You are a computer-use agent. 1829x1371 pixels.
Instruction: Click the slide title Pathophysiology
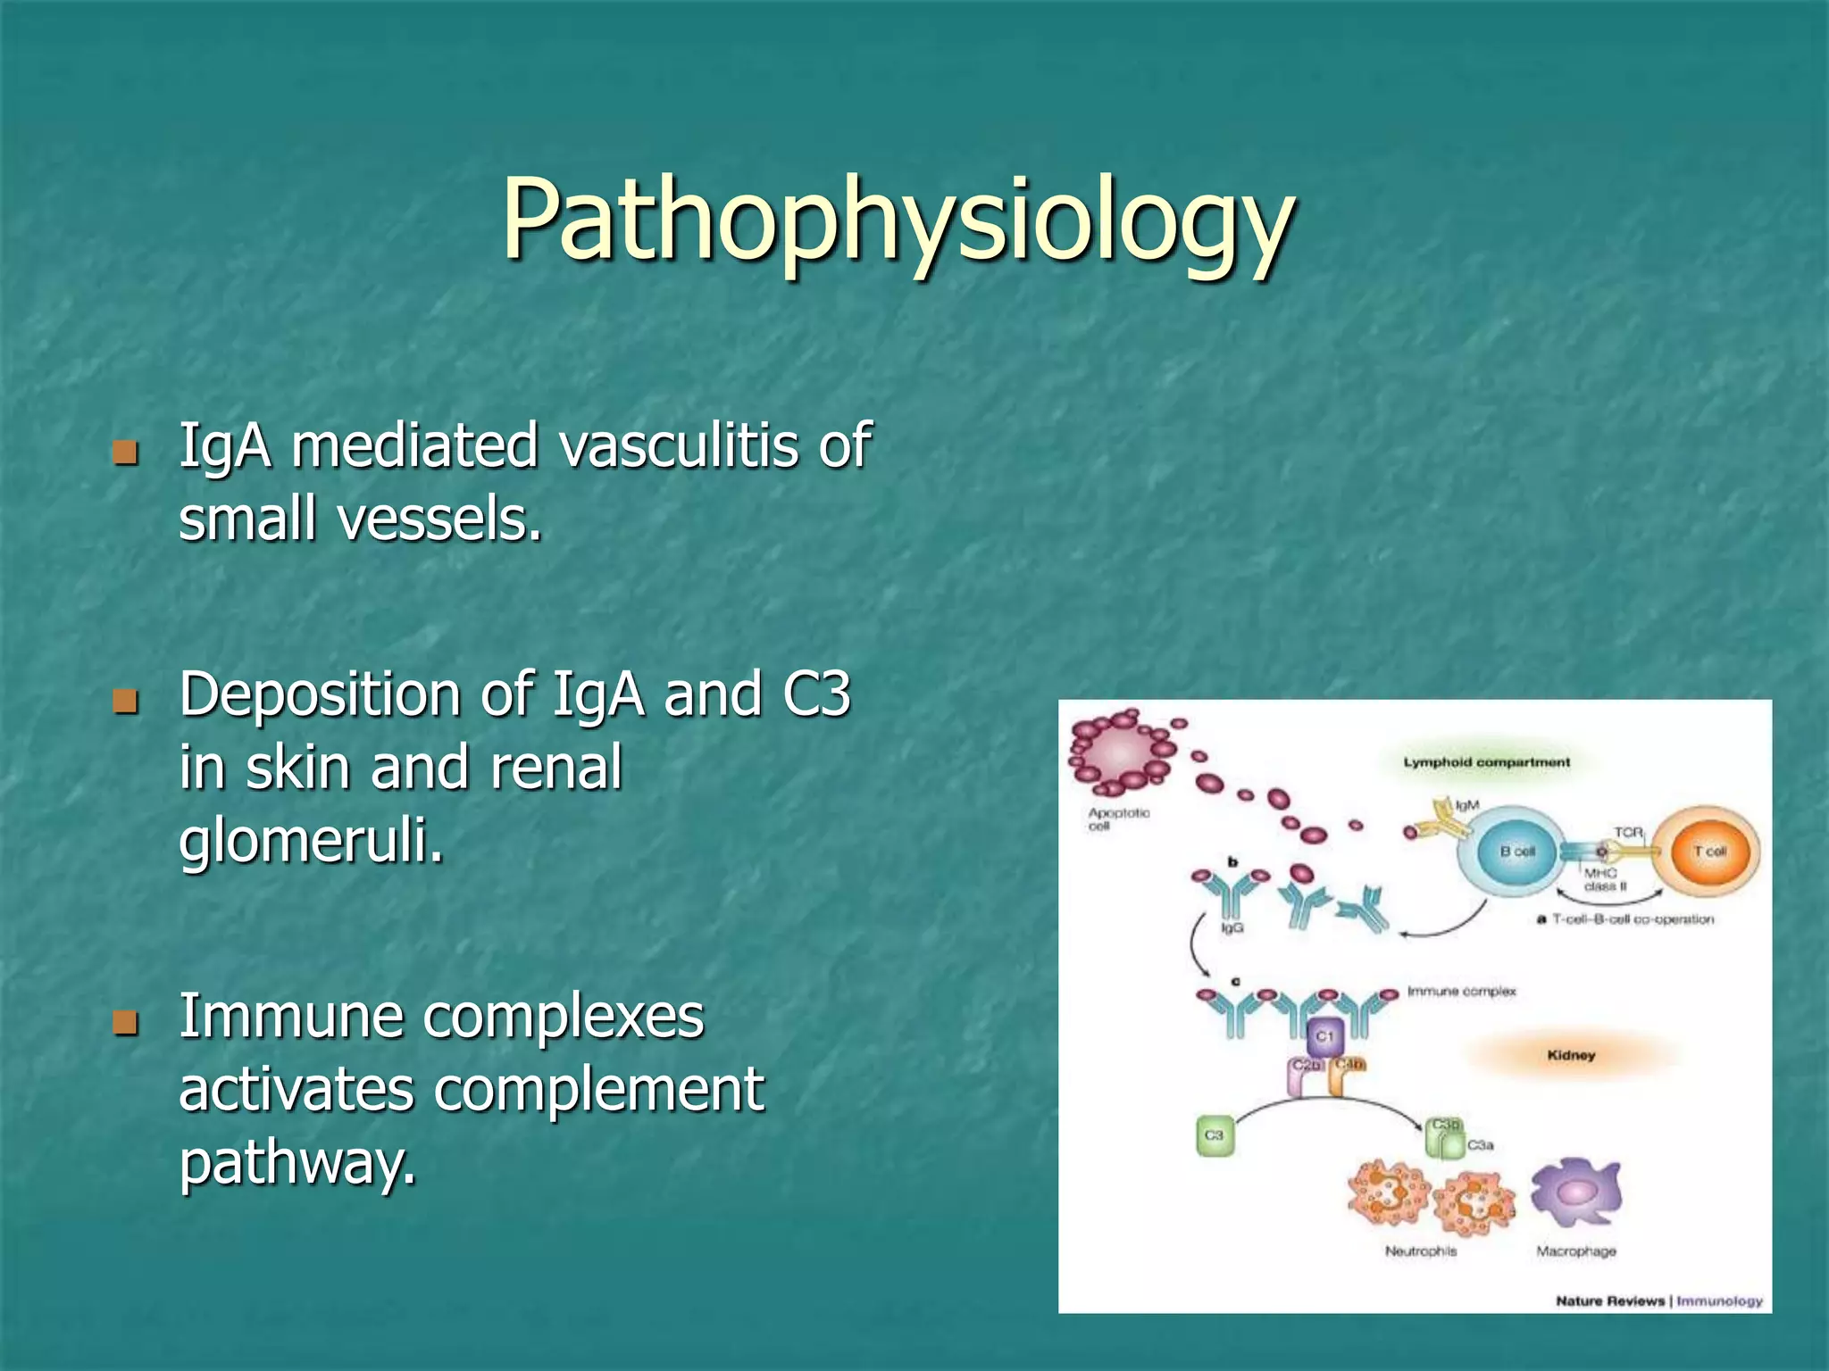tap(897, 220)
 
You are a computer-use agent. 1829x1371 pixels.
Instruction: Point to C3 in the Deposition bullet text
tap(816, 694)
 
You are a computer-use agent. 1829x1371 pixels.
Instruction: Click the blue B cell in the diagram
tap(1516, 852)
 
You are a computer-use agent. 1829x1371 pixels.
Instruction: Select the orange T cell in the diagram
tap(1708, 851)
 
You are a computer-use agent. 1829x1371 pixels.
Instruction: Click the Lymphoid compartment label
tap(1486, 762)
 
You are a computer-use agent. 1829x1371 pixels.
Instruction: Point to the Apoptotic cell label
tap(1118, 818)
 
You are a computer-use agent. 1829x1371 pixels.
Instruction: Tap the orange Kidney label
tap(1571, 1055)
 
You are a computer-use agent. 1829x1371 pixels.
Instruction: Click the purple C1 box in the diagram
tap(1324, 1036)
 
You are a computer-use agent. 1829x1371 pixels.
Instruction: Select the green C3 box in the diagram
tap(1214, 1135)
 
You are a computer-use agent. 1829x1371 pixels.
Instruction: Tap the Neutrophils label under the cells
tap(1420, 1251)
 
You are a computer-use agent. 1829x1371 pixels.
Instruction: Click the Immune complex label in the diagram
tap(1461, 992)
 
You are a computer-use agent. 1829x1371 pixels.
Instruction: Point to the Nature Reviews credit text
tap(1610, 1300)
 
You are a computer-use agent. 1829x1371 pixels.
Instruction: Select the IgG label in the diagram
tap(1232, 928)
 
